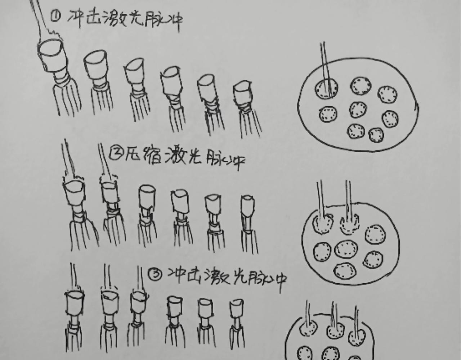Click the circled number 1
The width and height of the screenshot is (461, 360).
coord(55,16)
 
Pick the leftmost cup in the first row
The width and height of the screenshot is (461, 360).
coord(53,56)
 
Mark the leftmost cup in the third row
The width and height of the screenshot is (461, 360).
coord(74,303)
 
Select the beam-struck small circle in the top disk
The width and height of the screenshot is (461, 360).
coord(326,88)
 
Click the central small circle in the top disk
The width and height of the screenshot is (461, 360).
coord(358,110)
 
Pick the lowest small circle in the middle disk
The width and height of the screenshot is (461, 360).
coord(345,271)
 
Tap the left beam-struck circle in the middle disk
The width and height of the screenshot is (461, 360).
coord(323,224)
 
